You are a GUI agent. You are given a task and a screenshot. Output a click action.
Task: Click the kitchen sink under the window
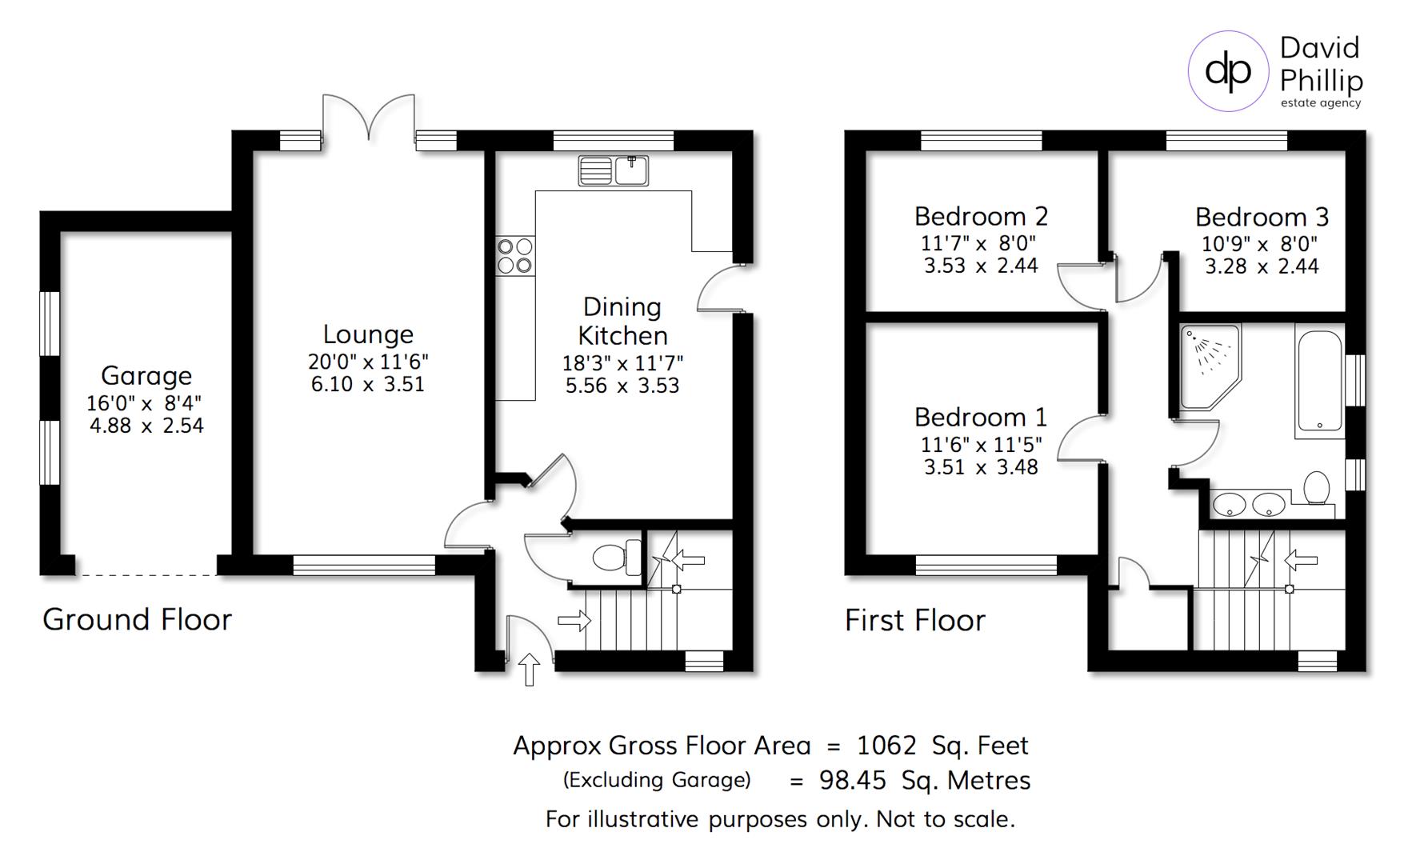click(614, 171)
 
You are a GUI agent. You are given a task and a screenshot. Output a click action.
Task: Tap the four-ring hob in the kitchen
click(514, 255)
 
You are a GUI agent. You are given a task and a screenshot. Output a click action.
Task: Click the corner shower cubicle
click(1209, 365)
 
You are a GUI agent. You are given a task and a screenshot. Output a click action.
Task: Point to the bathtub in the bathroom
click(1319, 382)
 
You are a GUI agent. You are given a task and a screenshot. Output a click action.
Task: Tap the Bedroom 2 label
click(981, 217)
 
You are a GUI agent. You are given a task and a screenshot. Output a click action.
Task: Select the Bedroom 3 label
click(1262, 218)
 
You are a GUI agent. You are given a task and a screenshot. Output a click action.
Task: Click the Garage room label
click(146, 376)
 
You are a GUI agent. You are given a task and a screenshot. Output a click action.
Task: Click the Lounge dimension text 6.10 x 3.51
click(368, 385)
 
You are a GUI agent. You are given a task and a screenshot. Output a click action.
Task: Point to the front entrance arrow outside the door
click(529, 669)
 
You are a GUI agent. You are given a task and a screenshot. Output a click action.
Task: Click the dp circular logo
click(1228, 71)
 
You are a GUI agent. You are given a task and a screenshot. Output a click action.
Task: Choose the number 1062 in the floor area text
click(886, 746)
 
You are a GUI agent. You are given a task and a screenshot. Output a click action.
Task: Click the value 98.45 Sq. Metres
click(924, 781)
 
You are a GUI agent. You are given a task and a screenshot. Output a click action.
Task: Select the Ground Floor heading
click(137, 620)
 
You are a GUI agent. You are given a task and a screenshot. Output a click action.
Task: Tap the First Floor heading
click(915, 621)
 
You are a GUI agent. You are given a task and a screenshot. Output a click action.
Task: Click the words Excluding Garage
click(657, 780)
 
